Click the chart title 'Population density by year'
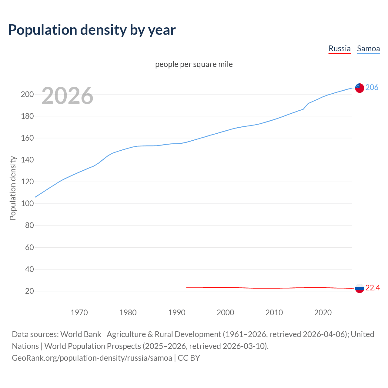92,30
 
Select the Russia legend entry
339,48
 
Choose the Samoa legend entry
368,48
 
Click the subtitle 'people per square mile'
194,64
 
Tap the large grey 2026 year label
67,96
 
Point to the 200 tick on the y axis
27,94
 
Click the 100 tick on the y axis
27,204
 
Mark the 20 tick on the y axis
29,291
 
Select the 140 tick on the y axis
27,160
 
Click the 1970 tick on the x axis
79,313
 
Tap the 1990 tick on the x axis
177,313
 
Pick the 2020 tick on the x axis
323,313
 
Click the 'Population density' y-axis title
13,188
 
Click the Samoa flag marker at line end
360,88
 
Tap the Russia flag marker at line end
360,288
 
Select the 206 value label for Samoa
372,87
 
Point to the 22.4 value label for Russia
373,288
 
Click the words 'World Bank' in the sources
81,334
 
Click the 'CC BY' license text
189,358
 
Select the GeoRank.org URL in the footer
92,358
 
